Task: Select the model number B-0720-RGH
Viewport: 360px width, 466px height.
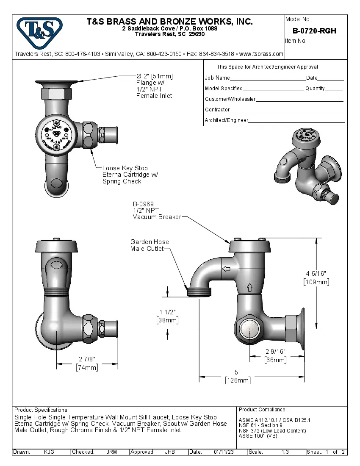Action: pyautogui.click(x=314, y=31)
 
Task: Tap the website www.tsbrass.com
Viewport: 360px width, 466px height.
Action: pyautogui.click(x=261, y=54)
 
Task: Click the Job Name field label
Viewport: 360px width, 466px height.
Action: pyautogui.click(x=217, y=78)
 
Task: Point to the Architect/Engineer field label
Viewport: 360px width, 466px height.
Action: pyautogui.click(x=227, y=120)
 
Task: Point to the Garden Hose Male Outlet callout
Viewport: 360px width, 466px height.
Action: pyautogui.click(x=150, y=245)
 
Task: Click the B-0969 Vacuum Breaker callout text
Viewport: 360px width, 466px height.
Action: pyautogui.click(x=157, y=210)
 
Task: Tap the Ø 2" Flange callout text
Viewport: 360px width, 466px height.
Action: pyautogui.click(x=154, y=86)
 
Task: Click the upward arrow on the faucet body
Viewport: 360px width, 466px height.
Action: pyautogui.click(x=249, y=287)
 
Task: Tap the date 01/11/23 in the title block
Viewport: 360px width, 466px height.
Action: pyautogui.click(x=224, y=452)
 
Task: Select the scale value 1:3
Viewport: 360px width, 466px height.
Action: pyautogui.click(x=285, y=452)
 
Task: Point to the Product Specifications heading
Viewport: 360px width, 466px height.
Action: pyautogui.click(x=41, y=410)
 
